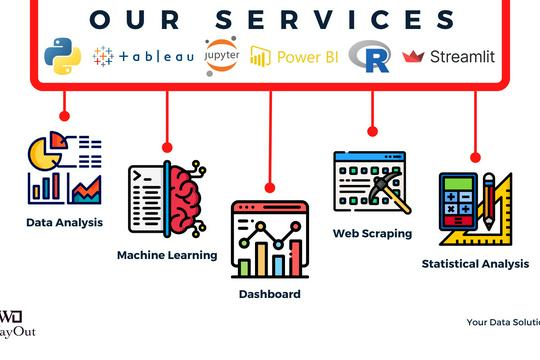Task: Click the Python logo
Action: tap(63, 57)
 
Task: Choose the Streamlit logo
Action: tap(448, 57)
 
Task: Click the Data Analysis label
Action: tap(64, 222)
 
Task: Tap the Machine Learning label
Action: tap(167, 255)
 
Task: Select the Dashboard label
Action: tap(269, 294)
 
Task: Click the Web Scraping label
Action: tap(372, 233)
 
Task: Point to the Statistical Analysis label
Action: tap(475, 264)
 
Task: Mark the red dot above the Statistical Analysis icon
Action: tap(475, 157)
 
